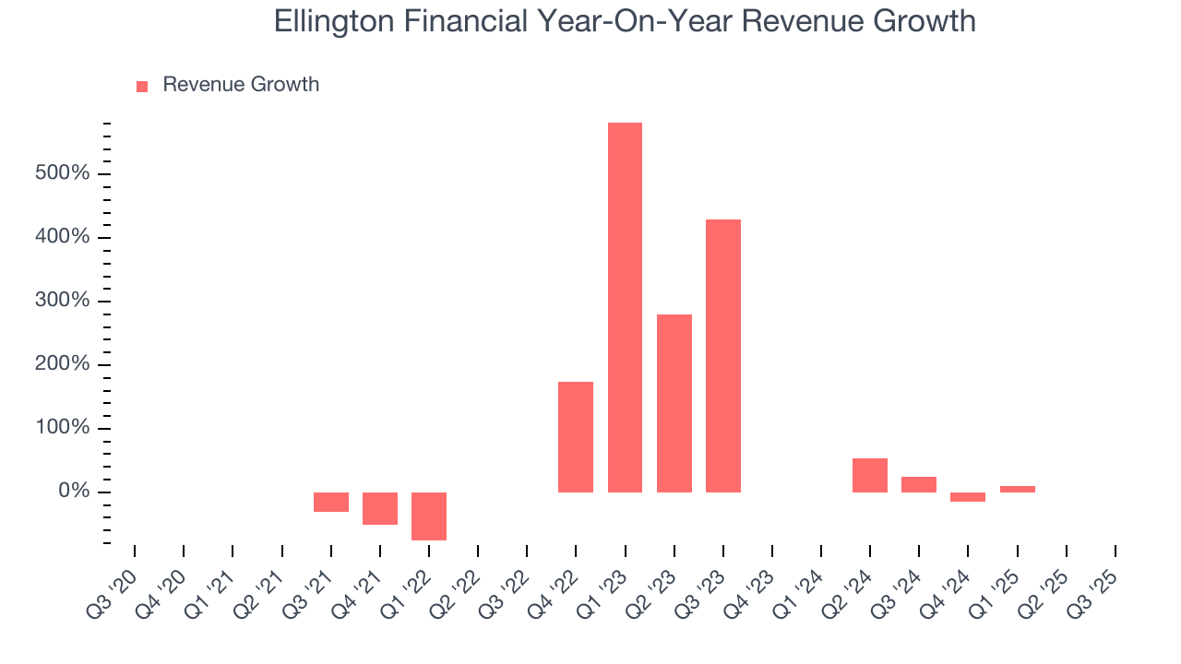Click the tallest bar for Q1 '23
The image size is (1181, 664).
pyautogui.click(x=625, y=307)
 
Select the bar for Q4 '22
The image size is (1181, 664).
pyautogui.click(x=576, y=436)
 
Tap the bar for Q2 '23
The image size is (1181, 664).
pyautogui.click(x=674, y=403)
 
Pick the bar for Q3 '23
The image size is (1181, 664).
pyautogui.click(x=723, y=355)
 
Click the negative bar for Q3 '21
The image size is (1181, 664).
pyautogui.click(x=331, y=502)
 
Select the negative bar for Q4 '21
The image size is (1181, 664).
pyautogui.click(x=380, y=508)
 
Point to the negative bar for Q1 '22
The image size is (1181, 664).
pyautogui.click(x=429, y=516)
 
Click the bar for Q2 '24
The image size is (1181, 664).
pyautogui.click(x=870, y=475)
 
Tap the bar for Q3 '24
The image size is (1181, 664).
pyautogui.click(x=919, y=484)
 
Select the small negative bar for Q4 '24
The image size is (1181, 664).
pyautogui.click(x=968, y=497)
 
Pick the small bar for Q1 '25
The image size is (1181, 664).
pyautogui.click(x=1018, y=489)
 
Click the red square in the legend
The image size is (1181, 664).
pyautogui.click(x=142, y=87)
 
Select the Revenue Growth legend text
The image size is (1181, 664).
pyautogui.click(x=241, y=85)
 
